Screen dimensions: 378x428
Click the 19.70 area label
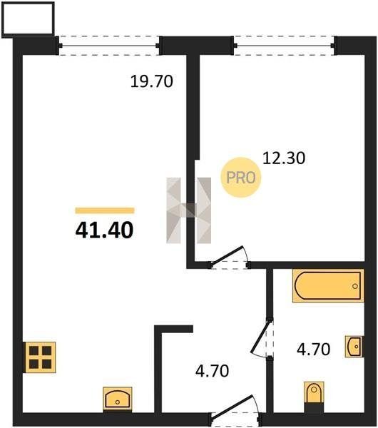click(x=152, y=81)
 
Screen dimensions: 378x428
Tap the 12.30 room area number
click(x=284, y=158)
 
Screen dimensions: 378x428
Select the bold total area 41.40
click(x=105, y=230)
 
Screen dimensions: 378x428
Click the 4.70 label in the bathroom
click(x=314, y=350)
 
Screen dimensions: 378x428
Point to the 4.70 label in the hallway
click(x=213, y=371)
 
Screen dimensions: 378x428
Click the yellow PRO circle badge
click(x=241, y=178)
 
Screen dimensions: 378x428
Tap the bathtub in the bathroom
click(x=328, y=286)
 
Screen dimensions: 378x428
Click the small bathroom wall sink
click(x=354, y=347)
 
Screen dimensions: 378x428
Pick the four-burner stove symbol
click(x=41, y=357)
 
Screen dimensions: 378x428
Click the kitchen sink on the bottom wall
click(x=118, y=399)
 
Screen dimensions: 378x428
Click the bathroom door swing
click(x=262, y=338)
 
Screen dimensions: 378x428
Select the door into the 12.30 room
click(x=229, y=257)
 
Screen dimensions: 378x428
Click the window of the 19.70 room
click(x=109, y=46)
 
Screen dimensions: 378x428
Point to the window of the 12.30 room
click(x=284, y=46)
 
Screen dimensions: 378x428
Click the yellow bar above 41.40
click(x=105, y=210)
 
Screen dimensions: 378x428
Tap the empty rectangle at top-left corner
click(x=28, y=19)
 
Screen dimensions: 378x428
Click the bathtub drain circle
click(x=355, y=286)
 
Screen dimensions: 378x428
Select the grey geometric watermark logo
click(x=188, y=210)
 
